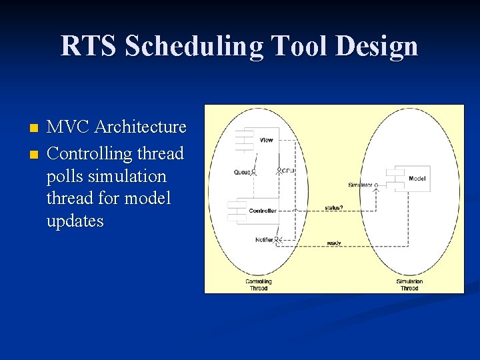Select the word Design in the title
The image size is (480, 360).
click(x=377, y=47)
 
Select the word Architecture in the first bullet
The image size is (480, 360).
click(x=141, y=127)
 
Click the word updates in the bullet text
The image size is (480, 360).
click(x=75, y=221)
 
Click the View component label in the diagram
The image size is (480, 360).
click(x=266, y=140)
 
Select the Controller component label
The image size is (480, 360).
click(x=263, y=211)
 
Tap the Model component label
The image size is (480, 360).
click(x=417, y=179)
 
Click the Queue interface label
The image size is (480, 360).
click(x=242, y=172)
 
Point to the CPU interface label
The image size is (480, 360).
click(x=288, y=171)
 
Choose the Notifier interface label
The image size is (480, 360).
click(x=264, y=239)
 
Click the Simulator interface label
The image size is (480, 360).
click(x=360, y=185)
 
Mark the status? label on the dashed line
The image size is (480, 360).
click(x=334, y=207)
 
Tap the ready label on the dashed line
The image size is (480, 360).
click(x=334, y=242)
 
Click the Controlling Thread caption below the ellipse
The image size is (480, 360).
click(x=258, y=285)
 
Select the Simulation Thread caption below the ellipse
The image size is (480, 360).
click(x=409, y=285)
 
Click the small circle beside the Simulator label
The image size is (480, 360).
click(x=376, y=185)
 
